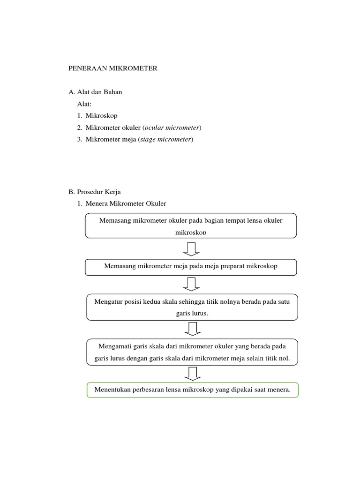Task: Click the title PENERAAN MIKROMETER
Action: (x=113, y=68)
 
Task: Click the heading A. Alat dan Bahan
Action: (x=95, y=92)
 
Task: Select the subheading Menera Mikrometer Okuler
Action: (x=126, y=203)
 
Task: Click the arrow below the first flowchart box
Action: (x=191, y=249)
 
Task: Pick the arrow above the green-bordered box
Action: (x=191, y=374)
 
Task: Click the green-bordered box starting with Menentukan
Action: (x=192, y=390)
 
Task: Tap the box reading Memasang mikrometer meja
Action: (x=191, y=266)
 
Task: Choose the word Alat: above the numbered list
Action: (x=85, y=104)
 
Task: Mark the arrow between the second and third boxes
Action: (x=191, y=284)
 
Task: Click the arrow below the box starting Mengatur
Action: (x=191, y=329)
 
